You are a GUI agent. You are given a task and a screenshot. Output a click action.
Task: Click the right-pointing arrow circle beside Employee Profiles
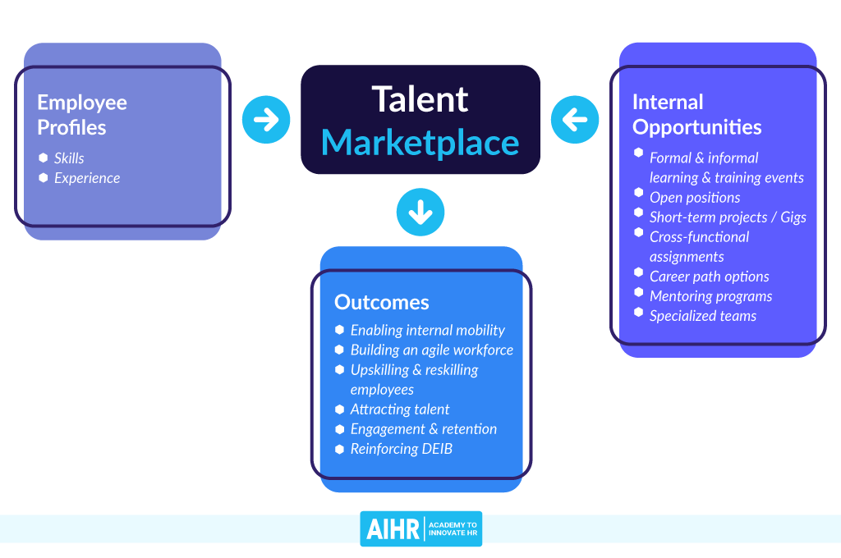pos(266,120)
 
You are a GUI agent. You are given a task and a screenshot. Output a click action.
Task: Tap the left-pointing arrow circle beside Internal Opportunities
pos(575,120)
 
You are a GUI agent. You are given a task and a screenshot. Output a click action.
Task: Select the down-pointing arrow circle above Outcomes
pos(420,213)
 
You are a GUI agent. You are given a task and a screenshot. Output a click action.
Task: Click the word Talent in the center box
pos(420,98)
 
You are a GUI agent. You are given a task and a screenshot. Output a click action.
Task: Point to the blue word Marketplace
pos(420,142)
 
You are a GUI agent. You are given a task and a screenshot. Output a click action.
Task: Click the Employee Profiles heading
pos(82,115)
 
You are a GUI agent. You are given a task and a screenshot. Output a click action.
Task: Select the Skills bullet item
pos(69,158)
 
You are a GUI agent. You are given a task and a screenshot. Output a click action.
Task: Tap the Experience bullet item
pos(87,178)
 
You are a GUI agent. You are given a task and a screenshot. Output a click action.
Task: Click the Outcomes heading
pos(381,302)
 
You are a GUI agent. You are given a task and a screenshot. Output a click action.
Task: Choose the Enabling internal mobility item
pos(427,330)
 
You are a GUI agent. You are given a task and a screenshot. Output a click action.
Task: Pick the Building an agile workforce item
pos(431,350)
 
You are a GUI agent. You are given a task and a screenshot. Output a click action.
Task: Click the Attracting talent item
pos(400,409)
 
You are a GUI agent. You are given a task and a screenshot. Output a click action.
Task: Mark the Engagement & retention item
pos(423,428)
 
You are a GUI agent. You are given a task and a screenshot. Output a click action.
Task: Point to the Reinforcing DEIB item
pos(401,449)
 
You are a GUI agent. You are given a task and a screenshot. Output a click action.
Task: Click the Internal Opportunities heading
pos(696,115)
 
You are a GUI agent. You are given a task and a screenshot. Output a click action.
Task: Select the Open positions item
pos(695,198)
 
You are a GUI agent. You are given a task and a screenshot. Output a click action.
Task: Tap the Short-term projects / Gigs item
pos(728,217)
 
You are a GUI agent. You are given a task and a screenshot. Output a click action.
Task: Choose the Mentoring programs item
pos(710,296)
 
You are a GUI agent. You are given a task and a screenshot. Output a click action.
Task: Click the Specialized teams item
pos(703,316)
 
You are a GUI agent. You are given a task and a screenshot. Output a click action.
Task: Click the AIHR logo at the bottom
pos(420,528)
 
